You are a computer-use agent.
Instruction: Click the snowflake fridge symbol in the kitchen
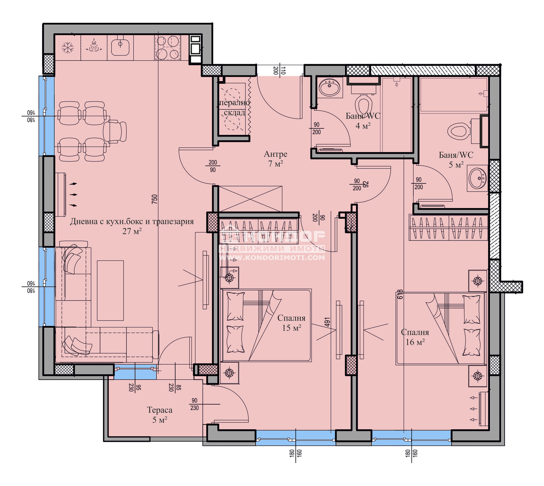point(68,48)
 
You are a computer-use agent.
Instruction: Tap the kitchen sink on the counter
point(120,47)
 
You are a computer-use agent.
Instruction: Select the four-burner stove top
point(167,47)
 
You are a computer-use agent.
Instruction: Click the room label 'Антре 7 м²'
point(275,159)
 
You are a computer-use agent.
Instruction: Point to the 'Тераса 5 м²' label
point(159,415)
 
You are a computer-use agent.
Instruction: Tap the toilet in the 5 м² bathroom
point(458,131)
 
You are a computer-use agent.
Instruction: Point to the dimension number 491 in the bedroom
point(327,322)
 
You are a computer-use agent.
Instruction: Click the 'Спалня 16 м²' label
point(415,337)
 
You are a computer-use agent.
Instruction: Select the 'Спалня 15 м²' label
point(291,323)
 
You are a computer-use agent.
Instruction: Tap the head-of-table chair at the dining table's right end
point(115,131)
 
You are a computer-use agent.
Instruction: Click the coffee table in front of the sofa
point(110,290)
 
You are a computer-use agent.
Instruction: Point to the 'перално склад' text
point(234,107)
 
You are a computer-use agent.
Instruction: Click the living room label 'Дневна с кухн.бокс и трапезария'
point(132,222)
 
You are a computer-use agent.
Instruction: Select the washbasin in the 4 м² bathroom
point(329,88)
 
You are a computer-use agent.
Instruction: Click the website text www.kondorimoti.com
point(272,257)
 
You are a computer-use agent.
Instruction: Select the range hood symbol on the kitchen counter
point(94,46)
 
